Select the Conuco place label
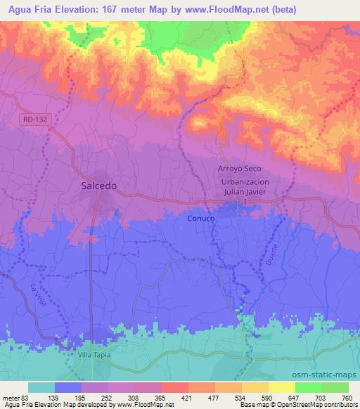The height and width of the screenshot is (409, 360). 201,219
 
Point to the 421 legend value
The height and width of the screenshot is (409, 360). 186,397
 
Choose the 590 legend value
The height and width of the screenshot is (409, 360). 267,397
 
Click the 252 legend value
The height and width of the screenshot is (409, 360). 108,397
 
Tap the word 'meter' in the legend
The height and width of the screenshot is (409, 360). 11,397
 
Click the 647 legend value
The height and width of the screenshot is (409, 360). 294,397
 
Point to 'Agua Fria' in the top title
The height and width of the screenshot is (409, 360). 26,9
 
